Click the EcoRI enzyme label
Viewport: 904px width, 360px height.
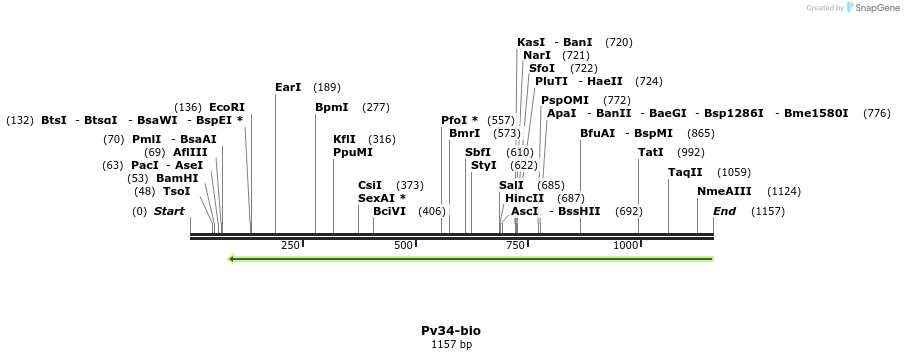(226, 107)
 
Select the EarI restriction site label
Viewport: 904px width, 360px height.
(288, 87)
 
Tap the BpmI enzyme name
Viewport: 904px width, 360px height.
(332, 107)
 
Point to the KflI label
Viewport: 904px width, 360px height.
(344, 139)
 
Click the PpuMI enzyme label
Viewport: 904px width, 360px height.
(353, 152)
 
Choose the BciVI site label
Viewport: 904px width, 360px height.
(390, 211)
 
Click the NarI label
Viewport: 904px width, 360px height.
(537, 55)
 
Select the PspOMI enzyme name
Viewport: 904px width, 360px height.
(565, 100)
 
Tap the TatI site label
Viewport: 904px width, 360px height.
(651, 152)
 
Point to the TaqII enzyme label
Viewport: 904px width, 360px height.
(685, 172)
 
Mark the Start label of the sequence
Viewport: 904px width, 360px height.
(169, 211)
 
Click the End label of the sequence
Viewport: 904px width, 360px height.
(724, 211)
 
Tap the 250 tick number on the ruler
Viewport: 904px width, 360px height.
(290, 245)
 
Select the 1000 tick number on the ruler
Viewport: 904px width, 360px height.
(625, 245)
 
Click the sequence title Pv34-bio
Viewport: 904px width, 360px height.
(451, 330)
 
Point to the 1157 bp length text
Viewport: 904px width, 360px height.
(451, 344)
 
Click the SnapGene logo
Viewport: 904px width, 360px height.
(873, 8)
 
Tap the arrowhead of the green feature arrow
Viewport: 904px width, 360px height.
(232, 259)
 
